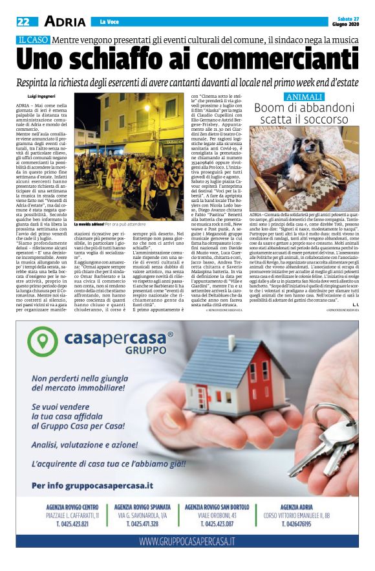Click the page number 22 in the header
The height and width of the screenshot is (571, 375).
[23, 21]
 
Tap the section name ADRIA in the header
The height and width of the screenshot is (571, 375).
[65, 21]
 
